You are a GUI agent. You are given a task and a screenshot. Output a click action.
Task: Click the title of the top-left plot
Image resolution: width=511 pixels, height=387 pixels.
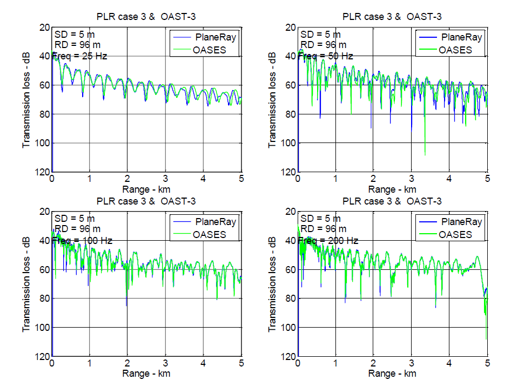146,17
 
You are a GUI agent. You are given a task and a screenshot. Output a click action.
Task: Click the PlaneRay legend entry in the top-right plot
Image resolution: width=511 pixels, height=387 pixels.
460,38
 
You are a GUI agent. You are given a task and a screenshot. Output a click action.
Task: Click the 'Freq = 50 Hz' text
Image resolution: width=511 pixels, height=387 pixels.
326,56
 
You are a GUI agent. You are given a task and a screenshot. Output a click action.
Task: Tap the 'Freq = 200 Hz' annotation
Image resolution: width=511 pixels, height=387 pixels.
328,240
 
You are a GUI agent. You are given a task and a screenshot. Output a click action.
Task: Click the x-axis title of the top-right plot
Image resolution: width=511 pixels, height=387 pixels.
392,189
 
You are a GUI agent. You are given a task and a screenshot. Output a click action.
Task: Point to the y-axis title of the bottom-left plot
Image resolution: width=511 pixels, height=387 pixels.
26,284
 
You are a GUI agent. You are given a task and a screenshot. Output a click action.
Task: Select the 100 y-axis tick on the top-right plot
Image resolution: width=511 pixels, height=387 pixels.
288,143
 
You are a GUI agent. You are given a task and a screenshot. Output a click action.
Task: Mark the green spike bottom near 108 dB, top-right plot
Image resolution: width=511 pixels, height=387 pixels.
425,154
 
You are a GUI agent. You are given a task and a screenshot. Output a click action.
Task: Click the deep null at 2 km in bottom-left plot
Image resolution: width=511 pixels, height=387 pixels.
127,305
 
